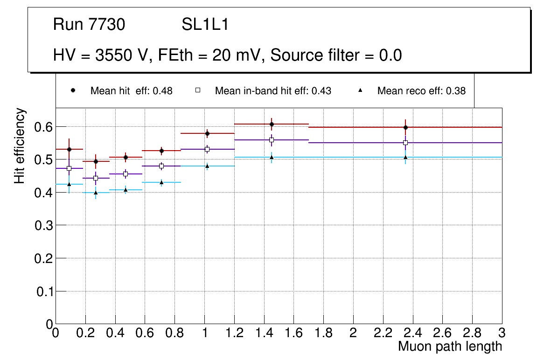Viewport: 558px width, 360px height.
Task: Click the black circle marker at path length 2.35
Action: point(405,127)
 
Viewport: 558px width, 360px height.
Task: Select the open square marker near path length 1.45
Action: point(272,140)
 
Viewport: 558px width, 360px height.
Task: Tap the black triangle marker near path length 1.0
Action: point(207,166)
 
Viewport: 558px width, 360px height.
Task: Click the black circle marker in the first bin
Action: point(69,149)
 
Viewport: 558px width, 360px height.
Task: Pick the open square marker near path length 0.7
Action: point(161,166)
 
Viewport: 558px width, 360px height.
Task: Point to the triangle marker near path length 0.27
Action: point(96,192)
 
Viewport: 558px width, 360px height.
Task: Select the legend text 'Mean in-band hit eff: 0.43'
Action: point(273,91)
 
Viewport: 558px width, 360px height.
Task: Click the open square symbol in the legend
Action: point(197,90)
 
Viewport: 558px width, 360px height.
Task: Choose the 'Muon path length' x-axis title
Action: point(450,346)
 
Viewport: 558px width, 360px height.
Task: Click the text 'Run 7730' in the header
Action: point(89,25)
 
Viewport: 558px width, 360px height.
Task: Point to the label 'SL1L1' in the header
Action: point(205,25)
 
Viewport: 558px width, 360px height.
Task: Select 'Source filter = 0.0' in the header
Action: point(336,55)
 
